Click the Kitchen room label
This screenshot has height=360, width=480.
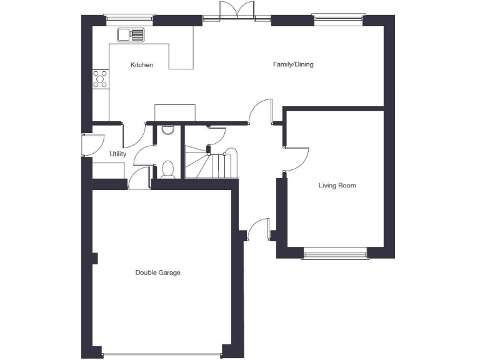pyautogui.click(x=141, y=65)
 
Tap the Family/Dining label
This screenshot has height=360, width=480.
pyautogui.click(x=293, y=64)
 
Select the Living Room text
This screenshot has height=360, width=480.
pyautogui.click(x=337, y=186)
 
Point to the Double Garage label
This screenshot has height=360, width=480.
pyautogui.click(x=158, y=272)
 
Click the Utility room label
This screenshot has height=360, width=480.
pyautogui.click(x=117, y=154)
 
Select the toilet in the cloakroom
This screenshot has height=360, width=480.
pyautogui.click(x=167, y=169)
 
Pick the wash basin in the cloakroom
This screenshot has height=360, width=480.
pyautogui.click(x=167, y=129)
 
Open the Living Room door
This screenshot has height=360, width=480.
pyautogui.click(x=296, y=158)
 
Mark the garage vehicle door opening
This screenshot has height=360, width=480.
pyautogui.click(x=161, y=356)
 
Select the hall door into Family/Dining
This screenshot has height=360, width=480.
pyautogui.click(x=261, y=112)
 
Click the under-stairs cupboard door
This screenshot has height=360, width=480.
pyautogui.click(x=216, y=134)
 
